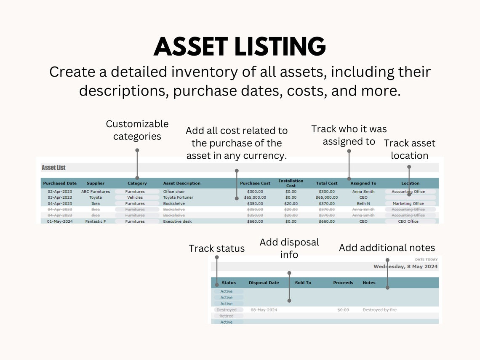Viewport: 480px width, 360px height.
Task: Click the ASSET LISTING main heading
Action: point(240,46)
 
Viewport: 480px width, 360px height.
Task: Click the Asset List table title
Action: point(53,168)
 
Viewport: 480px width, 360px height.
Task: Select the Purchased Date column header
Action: point(60,184)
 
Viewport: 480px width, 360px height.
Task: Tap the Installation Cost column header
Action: point(291,183)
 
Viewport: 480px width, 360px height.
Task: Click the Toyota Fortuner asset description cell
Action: point(178,197)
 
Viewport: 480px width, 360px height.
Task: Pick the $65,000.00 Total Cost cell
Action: point(327,197)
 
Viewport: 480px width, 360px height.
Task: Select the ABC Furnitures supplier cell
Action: point(96,192)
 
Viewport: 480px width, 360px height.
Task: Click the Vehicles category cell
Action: point(135,197)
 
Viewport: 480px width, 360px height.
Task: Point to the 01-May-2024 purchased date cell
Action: point(60,221)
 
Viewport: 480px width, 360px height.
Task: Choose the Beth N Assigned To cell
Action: point(363,204)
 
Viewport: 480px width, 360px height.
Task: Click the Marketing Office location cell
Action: point(408,204)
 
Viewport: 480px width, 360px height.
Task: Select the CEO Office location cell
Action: point(408,221)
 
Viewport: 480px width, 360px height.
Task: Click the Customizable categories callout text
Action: point(137,130)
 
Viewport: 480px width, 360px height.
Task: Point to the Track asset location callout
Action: point(409,149)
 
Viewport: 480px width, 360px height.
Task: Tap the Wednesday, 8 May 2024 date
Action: point(405,267)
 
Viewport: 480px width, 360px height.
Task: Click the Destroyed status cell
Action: point(227,310)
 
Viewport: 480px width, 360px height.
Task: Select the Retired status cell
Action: point(227,316)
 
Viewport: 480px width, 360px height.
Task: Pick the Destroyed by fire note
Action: point(379,310)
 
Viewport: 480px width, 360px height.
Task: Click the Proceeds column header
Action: point(343,283)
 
